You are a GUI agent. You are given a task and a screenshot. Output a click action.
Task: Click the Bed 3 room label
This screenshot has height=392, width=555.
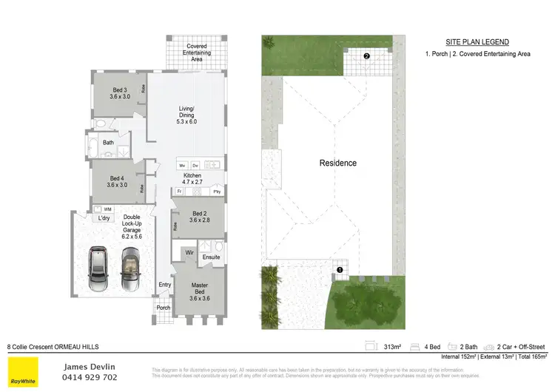coord(119,93)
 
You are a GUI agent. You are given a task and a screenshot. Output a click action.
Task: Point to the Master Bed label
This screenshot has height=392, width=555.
coord(199,289)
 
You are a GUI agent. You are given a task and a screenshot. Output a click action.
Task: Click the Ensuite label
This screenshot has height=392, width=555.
coord(211,257)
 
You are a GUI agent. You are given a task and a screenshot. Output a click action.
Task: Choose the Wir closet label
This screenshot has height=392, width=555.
coord(189,252)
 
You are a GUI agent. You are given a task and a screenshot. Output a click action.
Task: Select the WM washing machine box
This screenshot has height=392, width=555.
coord(108,209)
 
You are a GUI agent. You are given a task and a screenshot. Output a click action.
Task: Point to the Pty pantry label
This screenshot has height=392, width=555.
coord(217,192)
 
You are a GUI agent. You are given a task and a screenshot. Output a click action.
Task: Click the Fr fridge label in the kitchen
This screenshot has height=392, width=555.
coord(180,192)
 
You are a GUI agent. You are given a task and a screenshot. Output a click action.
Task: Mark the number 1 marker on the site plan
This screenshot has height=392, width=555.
coord(340,270)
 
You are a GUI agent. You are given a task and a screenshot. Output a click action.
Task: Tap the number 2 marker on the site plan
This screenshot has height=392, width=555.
coord(366,55)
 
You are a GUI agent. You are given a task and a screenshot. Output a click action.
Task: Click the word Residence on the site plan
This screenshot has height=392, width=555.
coord(337,163)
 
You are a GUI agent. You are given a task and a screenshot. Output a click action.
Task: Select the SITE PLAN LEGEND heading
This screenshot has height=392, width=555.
coord(477,42)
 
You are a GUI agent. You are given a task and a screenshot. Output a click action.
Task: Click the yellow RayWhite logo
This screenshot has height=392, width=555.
coord(23,372)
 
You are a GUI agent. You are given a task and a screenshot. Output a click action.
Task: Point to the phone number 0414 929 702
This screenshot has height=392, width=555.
coord(89,377)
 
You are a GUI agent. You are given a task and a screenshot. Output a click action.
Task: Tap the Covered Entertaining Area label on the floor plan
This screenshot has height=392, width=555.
coord(196,52)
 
